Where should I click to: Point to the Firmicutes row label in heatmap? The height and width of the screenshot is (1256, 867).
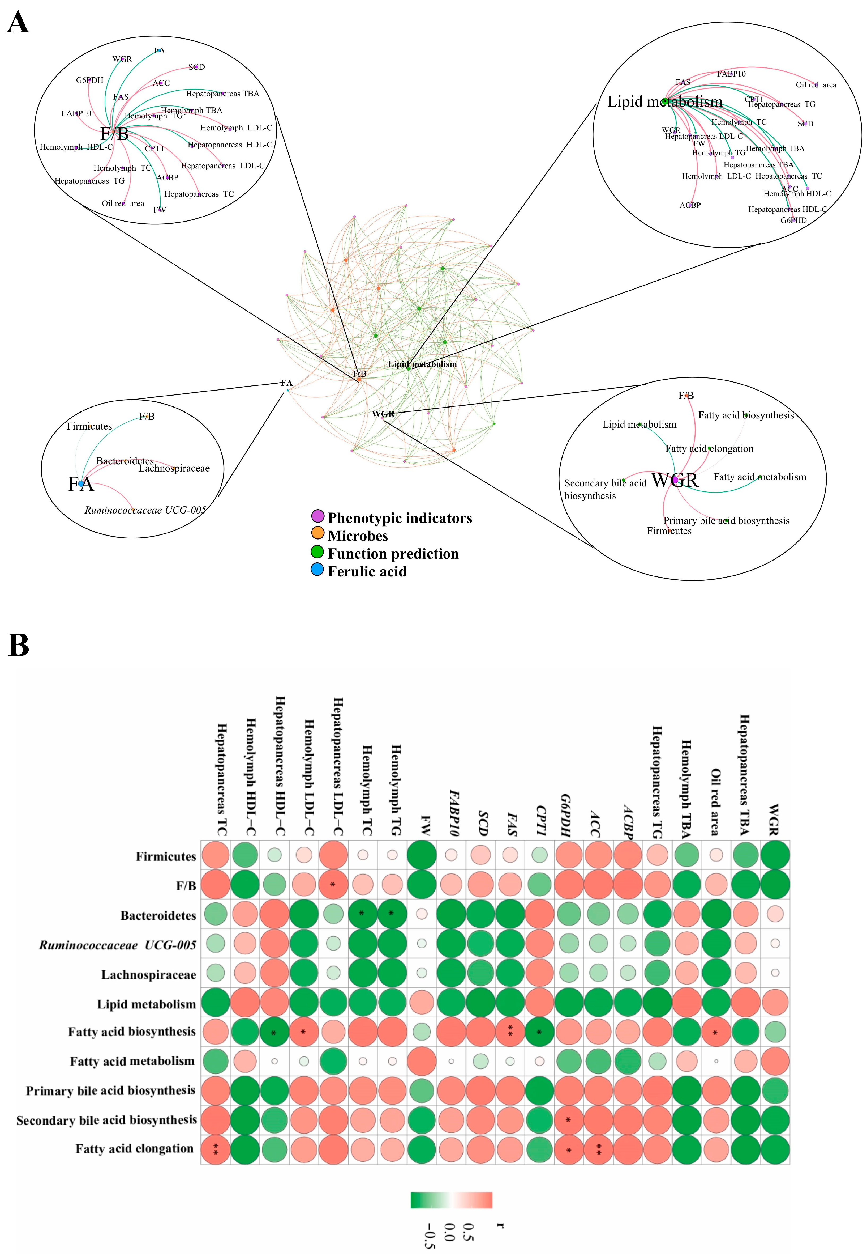click(x=166, y=856)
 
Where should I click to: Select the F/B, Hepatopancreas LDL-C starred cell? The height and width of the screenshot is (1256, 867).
click(x=333, y=885)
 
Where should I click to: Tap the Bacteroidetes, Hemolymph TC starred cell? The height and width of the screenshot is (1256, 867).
click(x=362, y=915)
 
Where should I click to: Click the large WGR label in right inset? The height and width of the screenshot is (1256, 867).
click(x=675, y=480)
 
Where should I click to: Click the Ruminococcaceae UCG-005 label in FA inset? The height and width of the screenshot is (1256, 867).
click(x=145, y=510)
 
